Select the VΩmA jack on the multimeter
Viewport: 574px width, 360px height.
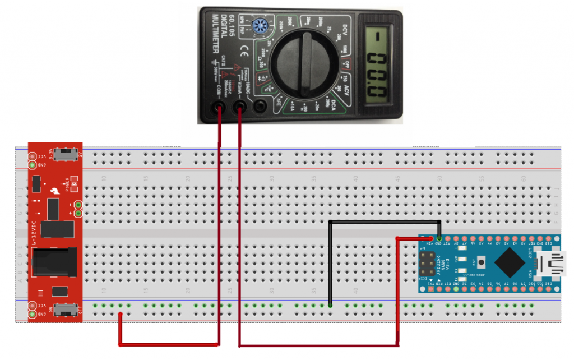(239, 106)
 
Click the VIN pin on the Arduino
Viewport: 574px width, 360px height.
(431, 239)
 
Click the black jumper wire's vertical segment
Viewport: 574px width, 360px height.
(331, 264)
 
